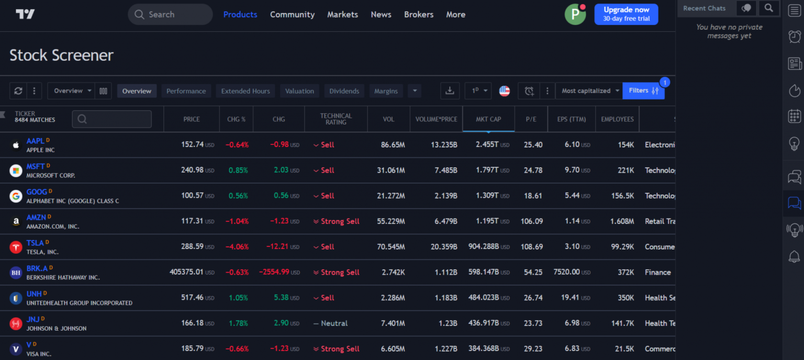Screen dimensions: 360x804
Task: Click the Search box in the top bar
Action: [170, 15]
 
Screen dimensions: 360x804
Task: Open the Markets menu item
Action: [342, 15]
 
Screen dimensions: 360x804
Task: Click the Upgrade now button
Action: [626, 14]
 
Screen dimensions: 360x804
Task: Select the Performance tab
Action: [186, 91]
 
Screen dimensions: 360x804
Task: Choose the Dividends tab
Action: [344, 91]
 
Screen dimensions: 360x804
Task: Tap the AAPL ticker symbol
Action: [35, 141]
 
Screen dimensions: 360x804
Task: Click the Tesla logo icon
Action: [16, 247]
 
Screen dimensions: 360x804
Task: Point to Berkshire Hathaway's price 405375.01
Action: [186, 272]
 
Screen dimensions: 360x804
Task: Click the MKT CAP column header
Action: [488, 119]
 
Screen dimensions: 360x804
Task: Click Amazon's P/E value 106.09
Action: [531, 221]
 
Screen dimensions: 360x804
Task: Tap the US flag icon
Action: [504, 91]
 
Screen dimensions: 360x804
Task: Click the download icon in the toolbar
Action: [449, 91]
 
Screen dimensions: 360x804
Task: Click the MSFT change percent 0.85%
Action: [238, 170]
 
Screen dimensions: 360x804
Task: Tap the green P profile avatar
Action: [575, 15]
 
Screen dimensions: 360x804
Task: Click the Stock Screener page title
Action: [61, 55]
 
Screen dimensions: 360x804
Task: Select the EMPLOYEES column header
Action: [617, 119]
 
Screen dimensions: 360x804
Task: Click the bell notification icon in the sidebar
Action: [794, 256]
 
